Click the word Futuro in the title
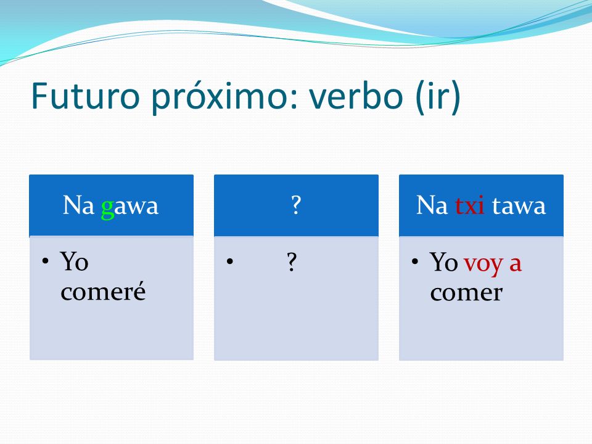[x=85, y=96]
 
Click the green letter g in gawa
[x=107, y=208]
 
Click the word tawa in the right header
[x=519, y=206]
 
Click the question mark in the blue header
[x=297, y=205]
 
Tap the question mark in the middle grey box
[x=292, y=261]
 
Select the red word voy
[x=483, y=264]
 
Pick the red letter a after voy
[x=516, y=263]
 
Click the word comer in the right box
[x=466, y=293]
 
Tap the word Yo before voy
[x=443, y=261]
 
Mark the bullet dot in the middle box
[x=230, y=261]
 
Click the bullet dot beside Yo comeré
[x=45, y=261]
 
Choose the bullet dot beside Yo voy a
[x=415, y=261]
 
